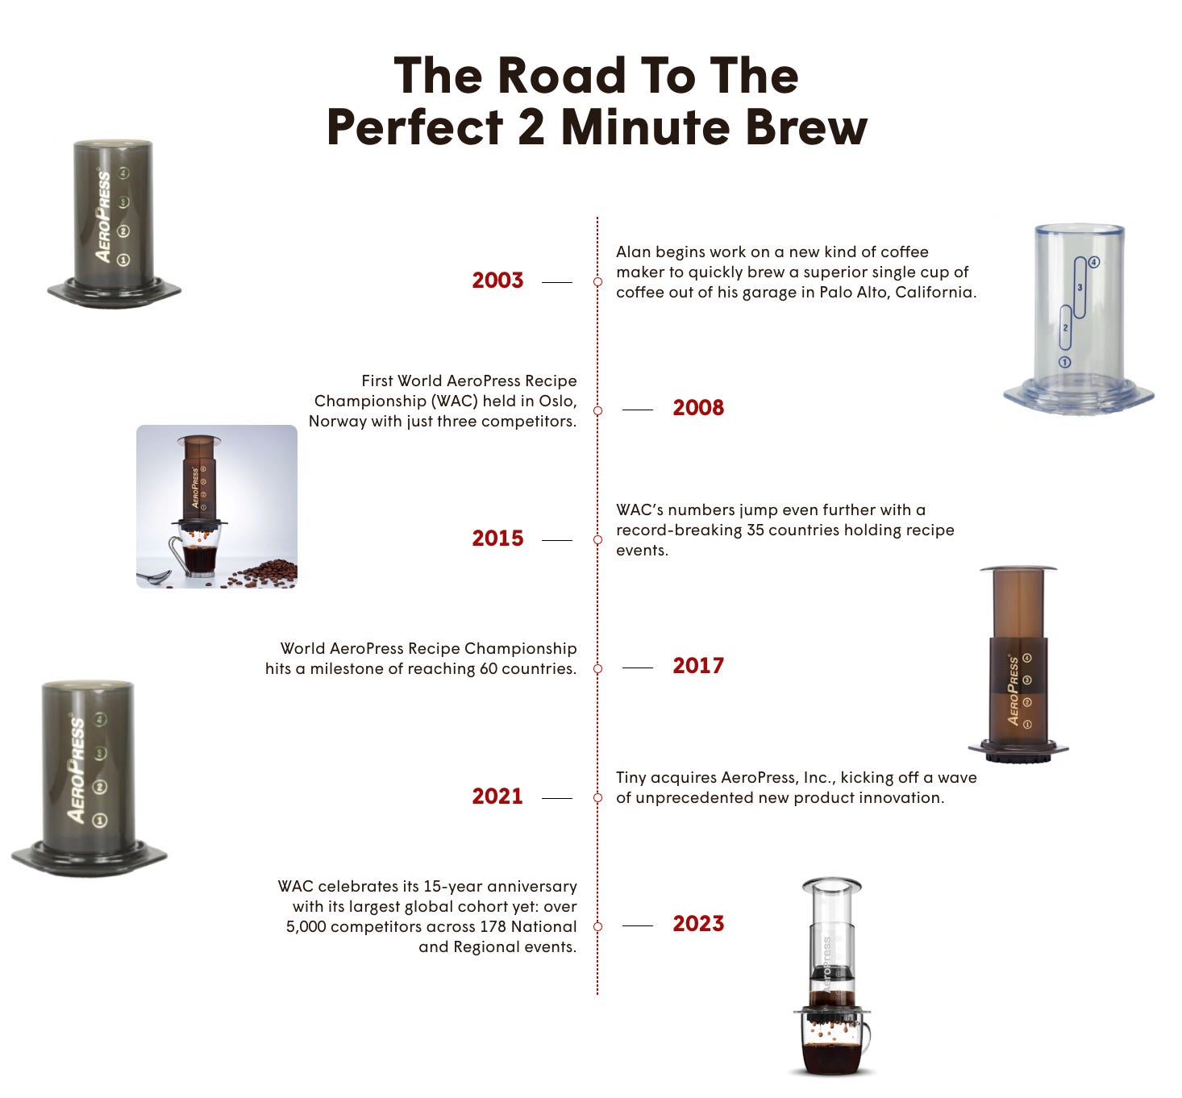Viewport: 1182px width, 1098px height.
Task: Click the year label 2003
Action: [x=497, y=281]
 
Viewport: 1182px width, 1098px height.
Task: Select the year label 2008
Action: [x=698, y=408]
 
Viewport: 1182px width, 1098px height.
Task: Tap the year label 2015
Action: [x=497, y=538]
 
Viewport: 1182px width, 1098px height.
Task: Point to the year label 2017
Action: [x=698, y=665]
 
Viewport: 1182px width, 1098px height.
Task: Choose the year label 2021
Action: [x=497, y=796]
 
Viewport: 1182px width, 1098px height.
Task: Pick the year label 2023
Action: [x=698, y=924]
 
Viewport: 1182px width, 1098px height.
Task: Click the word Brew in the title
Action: [x=806, y=128]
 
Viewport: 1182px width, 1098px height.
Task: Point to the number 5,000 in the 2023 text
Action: [x=306, y=927]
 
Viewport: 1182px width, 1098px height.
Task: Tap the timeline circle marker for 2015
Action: [x=597, y=540]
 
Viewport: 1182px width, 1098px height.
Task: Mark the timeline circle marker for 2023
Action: [x=597, y=926]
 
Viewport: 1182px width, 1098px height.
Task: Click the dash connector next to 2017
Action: [x=638, y=668]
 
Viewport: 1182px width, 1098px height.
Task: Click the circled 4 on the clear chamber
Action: [x=1094, y=262]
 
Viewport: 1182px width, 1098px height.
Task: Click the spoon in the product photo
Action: [x=155, y=576]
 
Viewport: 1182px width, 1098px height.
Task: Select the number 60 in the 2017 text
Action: [x=489, y=669]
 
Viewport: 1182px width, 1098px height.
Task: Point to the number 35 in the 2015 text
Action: [x=755, y=530]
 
